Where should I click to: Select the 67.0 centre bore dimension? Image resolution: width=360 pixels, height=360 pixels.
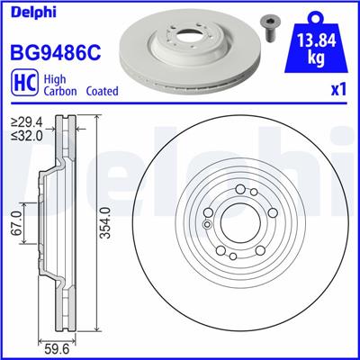click(x=16, y=220)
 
